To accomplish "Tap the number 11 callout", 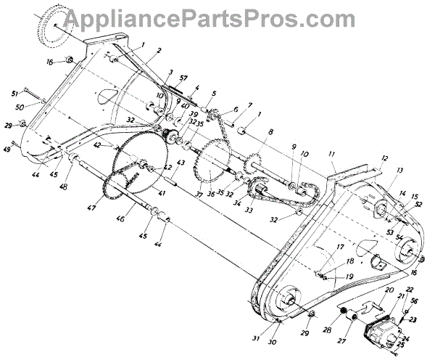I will point(331,154).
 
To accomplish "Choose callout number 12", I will point(385,158).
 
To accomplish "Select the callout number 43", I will point(181,161).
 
